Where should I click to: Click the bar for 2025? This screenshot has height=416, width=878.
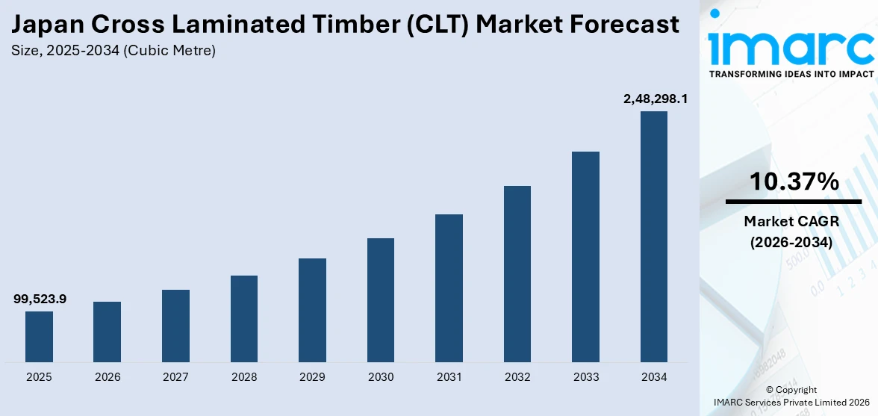(x=39, y=337)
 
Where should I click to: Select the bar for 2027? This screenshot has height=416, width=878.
(x=175, y=326)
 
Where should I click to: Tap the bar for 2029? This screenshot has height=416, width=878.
(x=312, y=310)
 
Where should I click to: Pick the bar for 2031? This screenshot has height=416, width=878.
(x=449, y=288)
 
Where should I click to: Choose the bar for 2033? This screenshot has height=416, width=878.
(x=585, y=257)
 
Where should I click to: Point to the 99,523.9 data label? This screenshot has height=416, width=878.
(x=40, y=299)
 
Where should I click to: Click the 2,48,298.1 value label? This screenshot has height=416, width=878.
(x=656, y=99)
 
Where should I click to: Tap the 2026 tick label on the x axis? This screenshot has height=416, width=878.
(x=108, y=377)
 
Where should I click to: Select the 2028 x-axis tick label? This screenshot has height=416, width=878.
(x=244, y=377)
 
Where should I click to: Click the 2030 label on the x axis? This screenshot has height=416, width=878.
(x=381, y=377)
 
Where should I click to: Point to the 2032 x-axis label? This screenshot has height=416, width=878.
(x=517, y=377)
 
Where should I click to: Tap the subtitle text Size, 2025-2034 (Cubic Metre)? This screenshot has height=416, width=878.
(x=113, y=51)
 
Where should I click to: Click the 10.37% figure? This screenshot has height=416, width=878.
(x=794, y=181)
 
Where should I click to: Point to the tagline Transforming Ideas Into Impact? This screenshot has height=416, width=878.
(x=791, y=74)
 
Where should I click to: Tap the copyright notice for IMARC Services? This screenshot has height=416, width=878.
(x=791, y=396)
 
